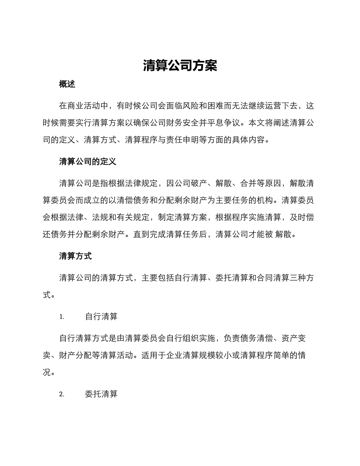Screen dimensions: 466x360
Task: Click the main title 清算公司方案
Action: (180, 66)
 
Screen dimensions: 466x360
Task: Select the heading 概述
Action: (67, 84)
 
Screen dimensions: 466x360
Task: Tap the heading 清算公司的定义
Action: (88, 162)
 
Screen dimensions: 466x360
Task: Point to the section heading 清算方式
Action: (75, 256)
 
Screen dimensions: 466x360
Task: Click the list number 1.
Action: (62, 317)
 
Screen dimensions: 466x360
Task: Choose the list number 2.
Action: (62, 394)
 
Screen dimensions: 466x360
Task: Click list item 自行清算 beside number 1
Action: (101, 317)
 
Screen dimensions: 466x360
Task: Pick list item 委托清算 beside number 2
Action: (101, 394)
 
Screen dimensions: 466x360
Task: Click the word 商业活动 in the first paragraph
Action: (84, 105)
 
